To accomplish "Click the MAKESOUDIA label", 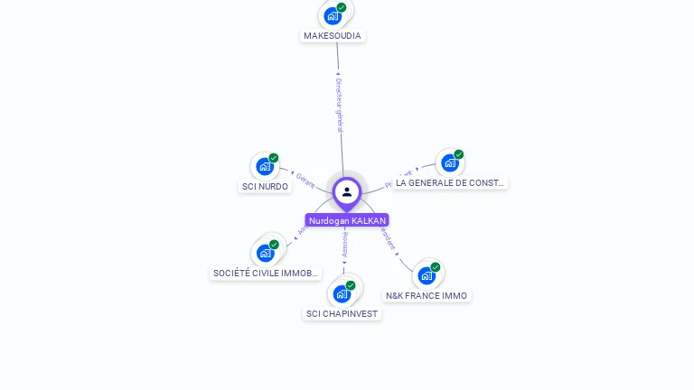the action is tap(333, 36).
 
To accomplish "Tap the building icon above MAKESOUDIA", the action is tap(333, 16).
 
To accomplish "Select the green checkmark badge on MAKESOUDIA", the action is tap(342, 7).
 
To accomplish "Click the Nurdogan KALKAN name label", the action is tap(347, 220).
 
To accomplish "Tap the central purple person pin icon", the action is tap(347, 191).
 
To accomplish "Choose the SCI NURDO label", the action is tap(265, 187).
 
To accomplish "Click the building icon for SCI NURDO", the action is tap(264, 166).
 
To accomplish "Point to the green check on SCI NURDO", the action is tap(274, 158).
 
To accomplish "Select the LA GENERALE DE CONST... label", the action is tap(450, 182).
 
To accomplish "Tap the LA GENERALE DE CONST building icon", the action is tap(449, 163).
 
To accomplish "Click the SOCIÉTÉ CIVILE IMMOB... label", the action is tap(266, 273).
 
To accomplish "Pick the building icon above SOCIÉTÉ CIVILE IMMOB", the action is tap(265, 253).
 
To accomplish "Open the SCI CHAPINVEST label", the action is tap(342, 314).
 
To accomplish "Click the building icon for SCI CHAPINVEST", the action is tap(341, 293).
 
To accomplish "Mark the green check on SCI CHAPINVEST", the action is tap(351, 285).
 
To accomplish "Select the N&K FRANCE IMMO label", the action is tap(427, 295).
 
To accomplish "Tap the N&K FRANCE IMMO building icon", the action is tap(426, 275).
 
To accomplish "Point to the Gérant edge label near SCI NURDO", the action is tap(305, 180).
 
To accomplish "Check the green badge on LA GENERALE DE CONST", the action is tap(459, 154).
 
